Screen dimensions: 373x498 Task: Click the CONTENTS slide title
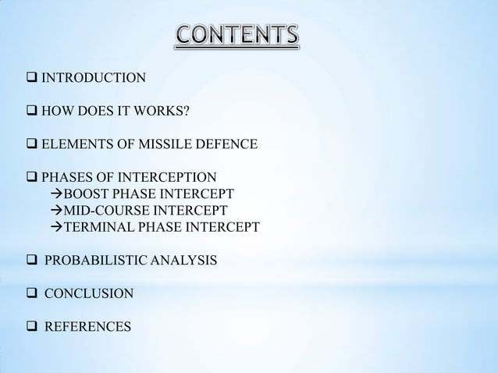tap(236, 35)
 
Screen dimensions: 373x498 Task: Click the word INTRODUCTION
tap(93, 77)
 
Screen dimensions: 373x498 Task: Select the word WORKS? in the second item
tap(162, 111)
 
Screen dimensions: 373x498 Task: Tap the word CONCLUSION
tap(88, 294)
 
